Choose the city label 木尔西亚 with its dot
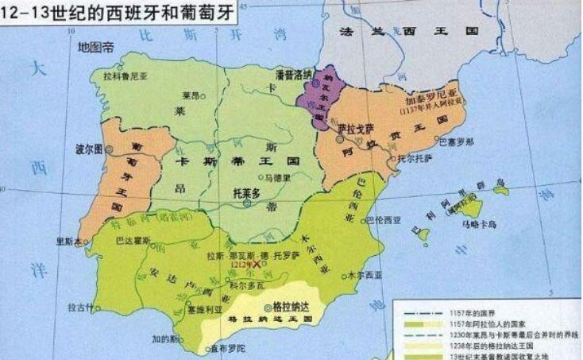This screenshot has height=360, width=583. pos(361,274)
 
